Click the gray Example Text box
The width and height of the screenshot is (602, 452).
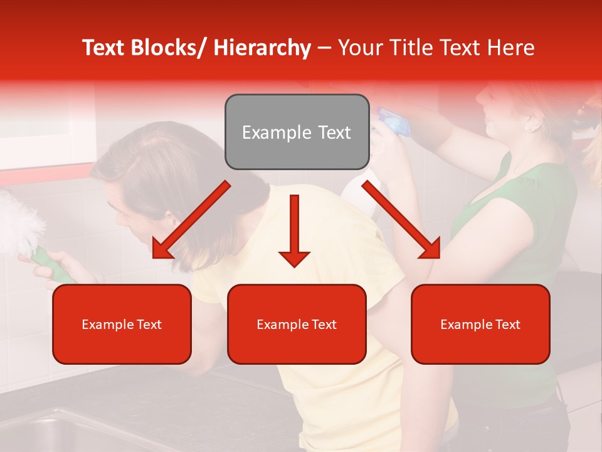(297, 132)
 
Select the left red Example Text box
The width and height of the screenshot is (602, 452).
(122, 324)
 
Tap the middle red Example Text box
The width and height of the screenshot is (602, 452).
(297, 324)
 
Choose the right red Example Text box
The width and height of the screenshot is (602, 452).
(480, 324)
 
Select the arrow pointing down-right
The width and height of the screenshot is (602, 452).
(401, 220)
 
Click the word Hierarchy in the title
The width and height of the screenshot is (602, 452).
(262, 48)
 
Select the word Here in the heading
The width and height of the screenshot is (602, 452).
(510, 48)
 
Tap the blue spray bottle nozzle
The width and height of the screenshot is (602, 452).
(392, 122)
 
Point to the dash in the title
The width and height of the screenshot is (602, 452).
(324, 48)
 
